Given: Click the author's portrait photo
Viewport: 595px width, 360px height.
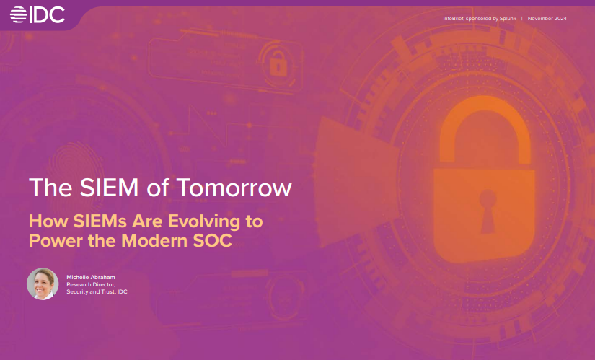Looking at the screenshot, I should pos(43,284).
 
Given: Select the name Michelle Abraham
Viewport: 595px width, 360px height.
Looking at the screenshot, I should pos(91,277).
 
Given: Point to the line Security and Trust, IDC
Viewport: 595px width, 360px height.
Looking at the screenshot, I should pos(97,291).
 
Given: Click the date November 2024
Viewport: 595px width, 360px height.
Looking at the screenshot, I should pos(547,18).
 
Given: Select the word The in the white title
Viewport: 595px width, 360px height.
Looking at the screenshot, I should pos(46,188).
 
